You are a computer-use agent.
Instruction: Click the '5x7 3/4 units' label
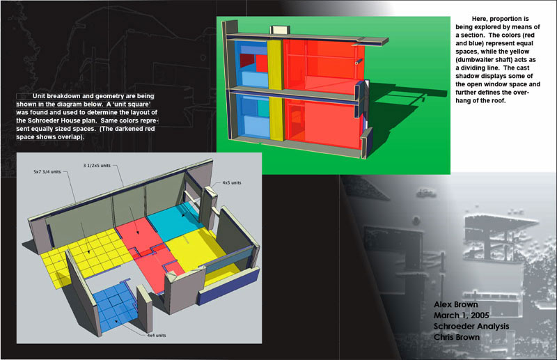(47, 172)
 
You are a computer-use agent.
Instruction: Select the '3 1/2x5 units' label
(97, 166)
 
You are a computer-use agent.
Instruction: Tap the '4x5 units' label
(232, 182)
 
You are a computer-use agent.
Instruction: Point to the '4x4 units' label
(156, 335)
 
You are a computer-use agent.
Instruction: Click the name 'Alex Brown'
(456, 304)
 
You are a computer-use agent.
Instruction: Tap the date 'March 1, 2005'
(462, 315)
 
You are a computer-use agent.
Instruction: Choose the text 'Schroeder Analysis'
(471, 327)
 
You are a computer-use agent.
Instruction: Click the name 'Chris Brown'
(457, 337)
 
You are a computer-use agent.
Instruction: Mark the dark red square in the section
(247, 61)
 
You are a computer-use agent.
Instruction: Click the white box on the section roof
(281, 30)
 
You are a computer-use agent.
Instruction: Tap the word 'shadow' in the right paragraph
(467, 76)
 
